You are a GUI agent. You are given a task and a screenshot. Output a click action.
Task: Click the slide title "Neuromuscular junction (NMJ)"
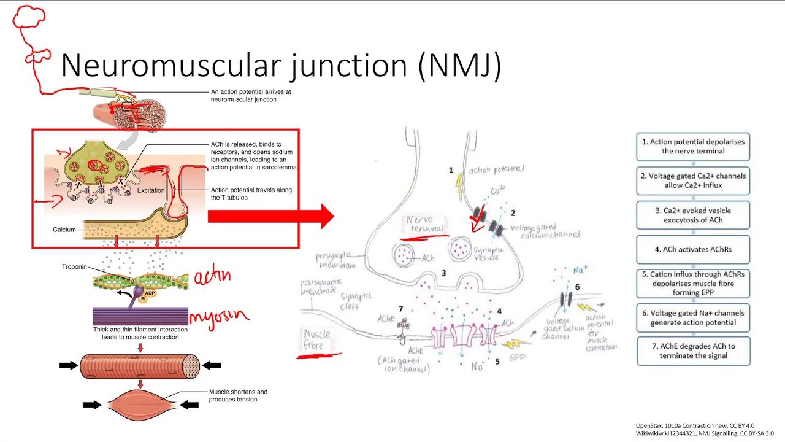click(281, 65)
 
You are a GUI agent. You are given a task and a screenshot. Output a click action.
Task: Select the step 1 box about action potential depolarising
click(693, 146)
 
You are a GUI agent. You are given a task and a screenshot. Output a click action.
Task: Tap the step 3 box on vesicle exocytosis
click(693, 215)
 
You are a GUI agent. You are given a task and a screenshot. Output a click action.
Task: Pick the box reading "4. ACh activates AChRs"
click(693, 249)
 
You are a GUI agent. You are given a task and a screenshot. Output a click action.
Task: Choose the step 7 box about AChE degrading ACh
click(693, 351)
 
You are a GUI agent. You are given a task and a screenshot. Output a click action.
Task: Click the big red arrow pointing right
click(270, 216)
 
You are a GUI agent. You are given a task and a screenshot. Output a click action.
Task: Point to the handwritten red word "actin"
click(212, 277)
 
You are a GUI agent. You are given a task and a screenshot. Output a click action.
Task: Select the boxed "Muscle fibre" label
click(317, 339)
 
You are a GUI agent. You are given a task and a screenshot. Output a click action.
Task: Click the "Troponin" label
click(74, 267)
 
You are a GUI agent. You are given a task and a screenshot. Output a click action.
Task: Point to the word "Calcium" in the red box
click(64, 230)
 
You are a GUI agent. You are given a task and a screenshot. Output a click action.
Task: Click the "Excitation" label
click(151, 190)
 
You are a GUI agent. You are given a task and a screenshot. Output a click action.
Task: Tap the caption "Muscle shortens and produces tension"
click(238, 395)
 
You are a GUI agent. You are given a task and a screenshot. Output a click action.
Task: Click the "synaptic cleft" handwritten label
click(356, 301)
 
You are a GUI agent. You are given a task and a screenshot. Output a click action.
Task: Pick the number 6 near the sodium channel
click(577, 287)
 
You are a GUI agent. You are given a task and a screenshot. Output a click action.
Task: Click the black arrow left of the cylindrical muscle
click(68, 365)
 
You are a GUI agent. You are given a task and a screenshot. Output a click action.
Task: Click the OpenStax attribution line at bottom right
click(694, 425)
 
